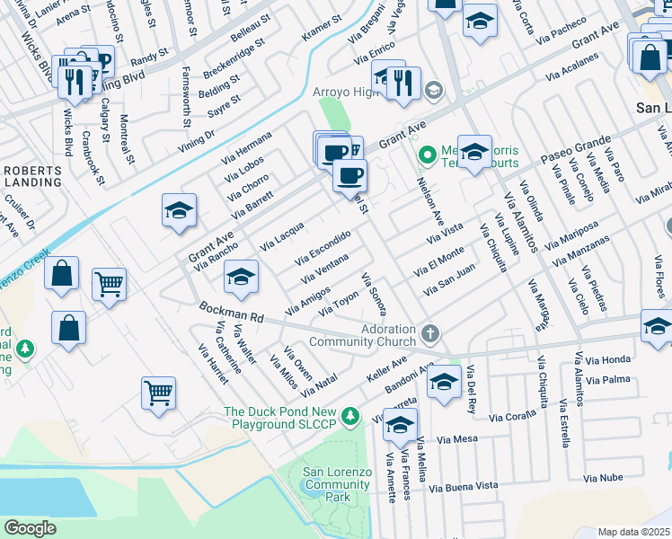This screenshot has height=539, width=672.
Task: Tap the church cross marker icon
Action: pyautogui.click(x=430, y=334)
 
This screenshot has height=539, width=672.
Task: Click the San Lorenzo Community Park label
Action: pyautogui.click(x=337, y=484)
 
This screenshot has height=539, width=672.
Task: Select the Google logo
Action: pyautogui.click(x=30, y=528)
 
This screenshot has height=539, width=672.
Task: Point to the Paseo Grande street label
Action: pyautogui.click(x=575, y=151)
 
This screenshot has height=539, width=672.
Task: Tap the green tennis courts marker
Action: pyautogui.click(x=428, y=155)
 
